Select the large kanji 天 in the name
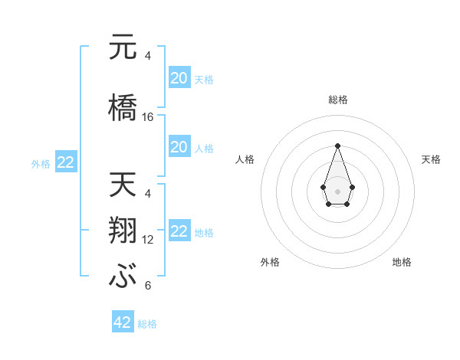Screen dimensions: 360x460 click(x=123, y=185)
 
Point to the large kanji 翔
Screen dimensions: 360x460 click(x=123, y=231)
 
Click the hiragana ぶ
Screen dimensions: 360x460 click(x=123, y=277)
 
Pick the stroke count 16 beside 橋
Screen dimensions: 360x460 click(x=148, y=117)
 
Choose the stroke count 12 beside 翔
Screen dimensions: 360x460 click(x=148, y=240)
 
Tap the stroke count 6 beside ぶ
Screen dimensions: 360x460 click(x=148, y=286)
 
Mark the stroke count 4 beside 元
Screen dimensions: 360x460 click(x=148, y=56)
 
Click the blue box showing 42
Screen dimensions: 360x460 click(x=123, y=322)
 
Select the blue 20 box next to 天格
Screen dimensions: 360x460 click(x=179, y=78)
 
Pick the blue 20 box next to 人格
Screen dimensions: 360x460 click(x=179, y=147)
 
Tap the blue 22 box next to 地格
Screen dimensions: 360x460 click(x=179, y=231)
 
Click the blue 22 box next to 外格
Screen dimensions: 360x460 click(x=65, y=162)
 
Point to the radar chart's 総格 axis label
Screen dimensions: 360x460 click(x=337, y=100)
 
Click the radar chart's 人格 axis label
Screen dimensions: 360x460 click(x=245, y=159)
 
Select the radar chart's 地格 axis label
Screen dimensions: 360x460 click(x=402, y=262)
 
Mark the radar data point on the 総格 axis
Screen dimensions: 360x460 click(x=337, y=146)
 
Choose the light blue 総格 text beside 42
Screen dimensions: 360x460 click(x=147, y=323)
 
